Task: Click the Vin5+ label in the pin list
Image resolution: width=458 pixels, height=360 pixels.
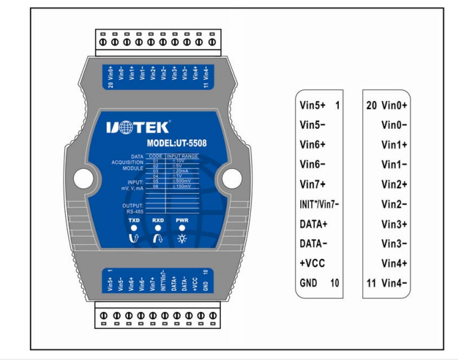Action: coord(312,106)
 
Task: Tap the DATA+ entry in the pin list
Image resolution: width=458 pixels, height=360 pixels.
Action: coord(313,223)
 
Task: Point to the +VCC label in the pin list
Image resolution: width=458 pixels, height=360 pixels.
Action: coord(312,262)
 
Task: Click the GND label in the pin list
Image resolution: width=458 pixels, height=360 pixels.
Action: coord(309,281)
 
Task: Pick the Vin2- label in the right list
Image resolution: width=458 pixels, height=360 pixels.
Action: coord(394,203)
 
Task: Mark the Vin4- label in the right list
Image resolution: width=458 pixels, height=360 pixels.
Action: coord(394,281)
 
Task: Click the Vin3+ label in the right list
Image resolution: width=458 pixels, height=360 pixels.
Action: coord(394,223)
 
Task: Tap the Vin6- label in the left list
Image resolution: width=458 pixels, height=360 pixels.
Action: coord(312,165)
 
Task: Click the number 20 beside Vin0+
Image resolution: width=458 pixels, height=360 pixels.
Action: coord(371,106)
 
